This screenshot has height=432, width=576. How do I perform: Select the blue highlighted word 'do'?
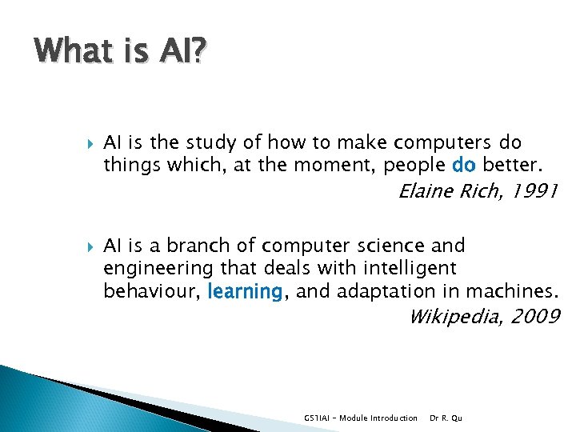pos(464,165)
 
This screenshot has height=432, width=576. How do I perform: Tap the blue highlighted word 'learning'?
pos(245,292)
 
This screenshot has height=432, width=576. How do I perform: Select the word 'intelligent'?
pos(410,269)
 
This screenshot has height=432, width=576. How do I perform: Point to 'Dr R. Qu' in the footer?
pos(446,418)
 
